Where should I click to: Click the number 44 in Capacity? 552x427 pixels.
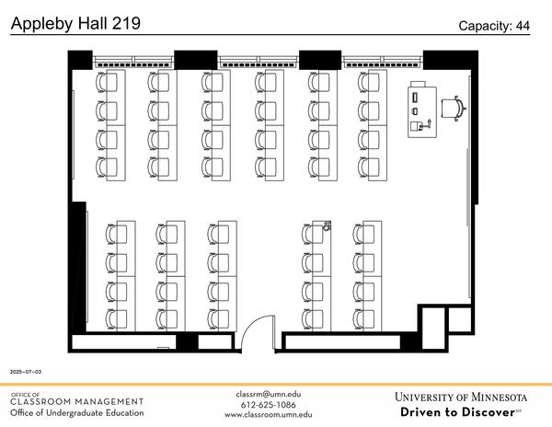[522, 26]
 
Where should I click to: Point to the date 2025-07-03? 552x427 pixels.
[26, 372]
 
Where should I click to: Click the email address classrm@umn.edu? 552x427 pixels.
[268, 394]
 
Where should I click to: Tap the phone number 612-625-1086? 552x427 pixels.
[268, 404]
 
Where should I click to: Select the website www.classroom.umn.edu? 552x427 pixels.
[268, 414]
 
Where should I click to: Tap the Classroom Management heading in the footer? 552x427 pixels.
[76, 401]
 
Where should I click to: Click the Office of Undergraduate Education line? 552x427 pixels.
[76, 412]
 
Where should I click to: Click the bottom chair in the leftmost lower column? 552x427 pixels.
[111, 318]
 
